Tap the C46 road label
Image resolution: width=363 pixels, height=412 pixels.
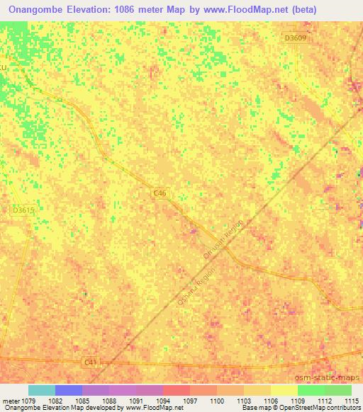point(161,192)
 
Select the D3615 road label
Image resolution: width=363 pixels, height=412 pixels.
point(23,210)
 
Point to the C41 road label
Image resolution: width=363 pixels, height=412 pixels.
point(90,362)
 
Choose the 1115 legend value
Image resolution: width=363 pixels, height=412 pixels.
point(351,401)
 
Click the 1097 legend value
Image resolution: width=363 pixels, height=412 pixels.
point(190,401)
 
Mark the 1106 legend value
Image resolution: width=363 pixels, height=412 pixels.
point(270,401)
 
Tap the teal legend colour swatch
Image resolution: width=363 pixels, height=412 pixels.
point(42,390)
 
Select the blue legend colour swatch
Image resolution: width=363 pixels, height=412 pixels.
point(69,390)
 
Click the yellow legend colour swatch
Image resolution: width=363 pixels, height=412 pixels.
point(284,390)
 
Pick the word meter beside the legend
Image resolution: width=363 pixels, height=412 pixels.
point(10,401)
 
